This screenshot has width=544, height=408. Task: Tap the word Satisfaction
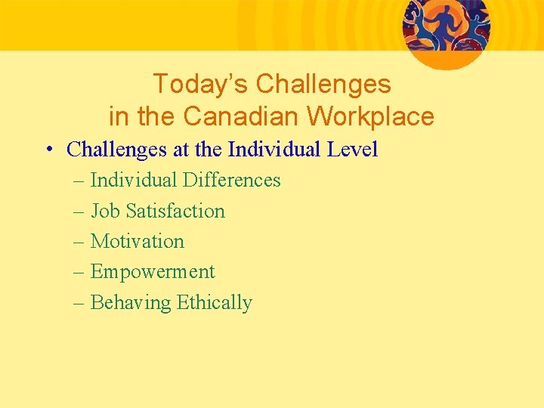(175, 211)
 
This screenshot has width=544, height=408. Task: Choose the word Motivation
(137, 242)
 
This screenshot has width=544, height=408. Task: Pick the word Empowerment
(153, 272)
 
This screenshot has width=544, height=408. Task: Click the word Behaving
(131, 303)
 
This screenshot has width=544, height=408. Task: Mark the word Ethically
(214, 303)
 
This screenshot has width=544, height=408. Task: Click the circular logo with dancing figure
(446, 30)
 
